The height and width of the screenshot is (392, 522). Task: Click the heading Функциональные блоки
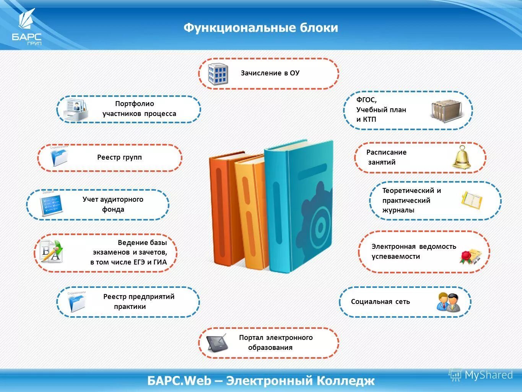[x=261, y=28]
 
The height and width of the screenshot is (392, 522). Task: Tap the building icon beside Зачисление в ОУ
[x=218, y=74]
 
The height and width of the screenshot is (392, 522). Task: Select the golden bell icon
[x=462, y=157]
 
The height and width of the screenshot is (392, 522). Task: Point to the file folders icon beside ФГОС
[x=446, y=111]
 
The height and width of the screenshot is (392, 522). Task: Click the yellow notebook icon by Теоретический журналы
[x=472, y=200]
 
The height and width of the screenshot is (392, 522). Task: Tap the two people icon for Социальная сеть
[x=448, y=302]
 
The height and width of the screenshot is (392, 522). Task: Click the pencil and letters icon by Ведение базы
[x=52, y=252]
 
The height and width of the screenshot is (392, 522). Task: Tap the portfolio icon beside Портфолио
[x=75, y=110]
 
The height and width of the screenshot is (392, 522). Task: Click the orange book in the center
[x=223, y=209]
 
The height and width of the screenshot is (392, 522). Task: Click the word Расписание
[x=386, y=152]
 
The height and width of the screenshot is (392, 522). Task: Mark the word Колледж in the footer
[x=345, y=381]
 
